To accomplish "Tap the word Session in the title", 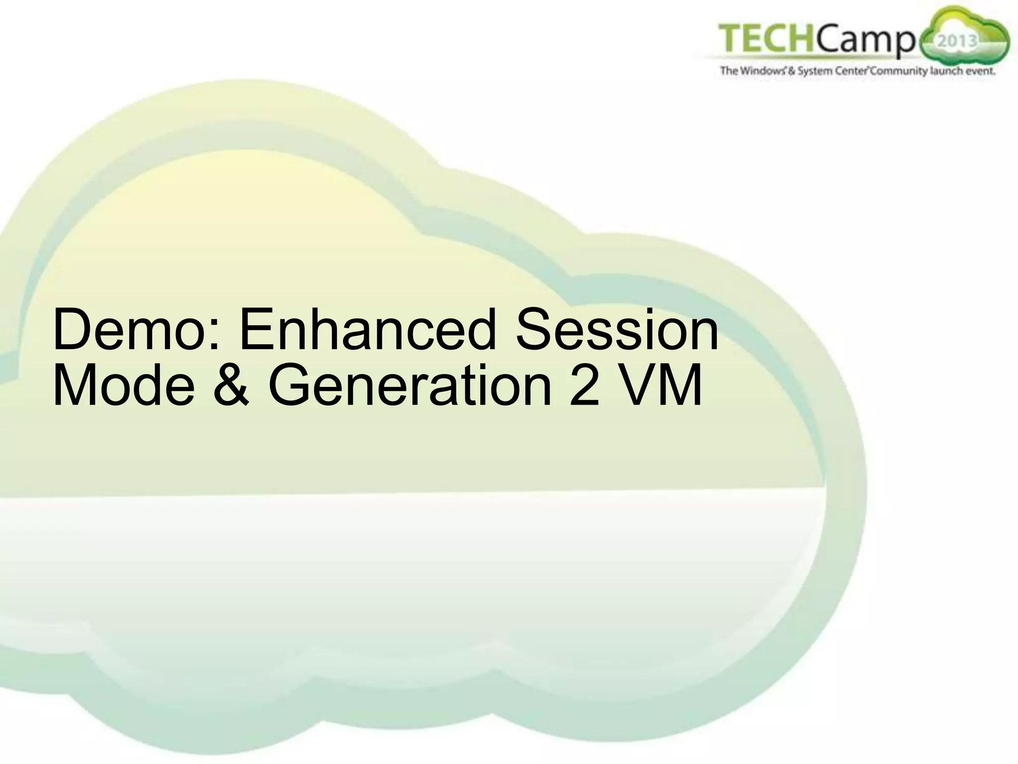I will coord(617,330).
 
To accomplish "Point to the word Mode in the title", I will coord(124,386).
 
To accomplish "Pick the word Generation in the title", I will coord(410,386).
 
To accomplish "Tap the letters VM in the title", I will coord(661,386).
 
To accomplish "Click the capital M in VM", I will coord(679,386).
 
